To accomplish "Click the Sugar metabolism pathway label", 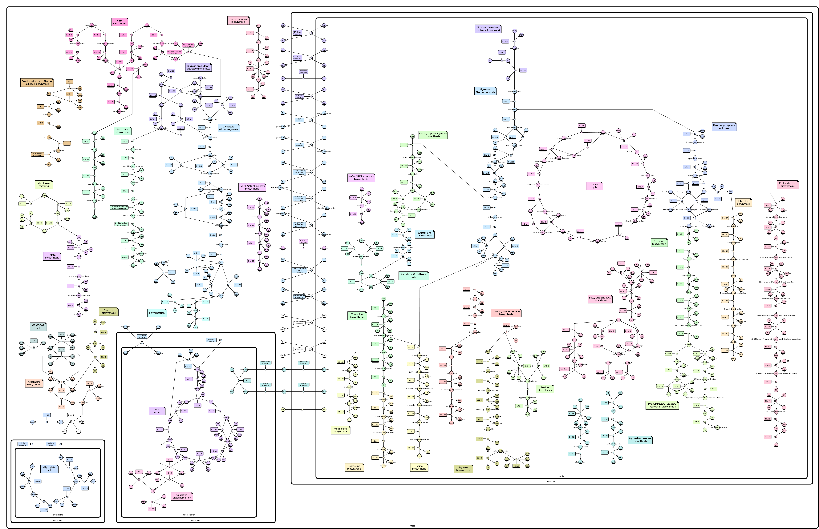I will pyautogui.click(x=120, y=22).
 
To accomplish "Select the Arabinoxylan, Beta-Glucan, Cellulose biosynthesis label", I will pyautogui.click(x=37, y=82).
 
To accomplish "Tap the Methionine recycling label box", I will pyautogui.click(x=44, y=184).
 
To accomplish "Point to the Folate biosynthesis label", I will pyautogui.click(x=52, y=256).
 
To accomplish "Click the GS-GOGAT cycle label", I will pyautogui.click(x=38, y=326).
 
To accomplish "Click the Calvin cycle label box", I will pyautogui.click(x=594, y=186).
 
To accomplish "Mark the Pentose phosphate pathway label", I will pyautogui.click(x=724, y=126).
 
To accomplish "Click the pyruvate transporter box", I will pyautogui.click(x=211, y=340).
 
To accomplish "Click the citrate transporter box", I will pyautogui.click(x=23, y=444).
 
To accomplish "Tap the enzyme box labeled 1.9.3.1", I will pyautogui.click(x=139, y=472).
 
